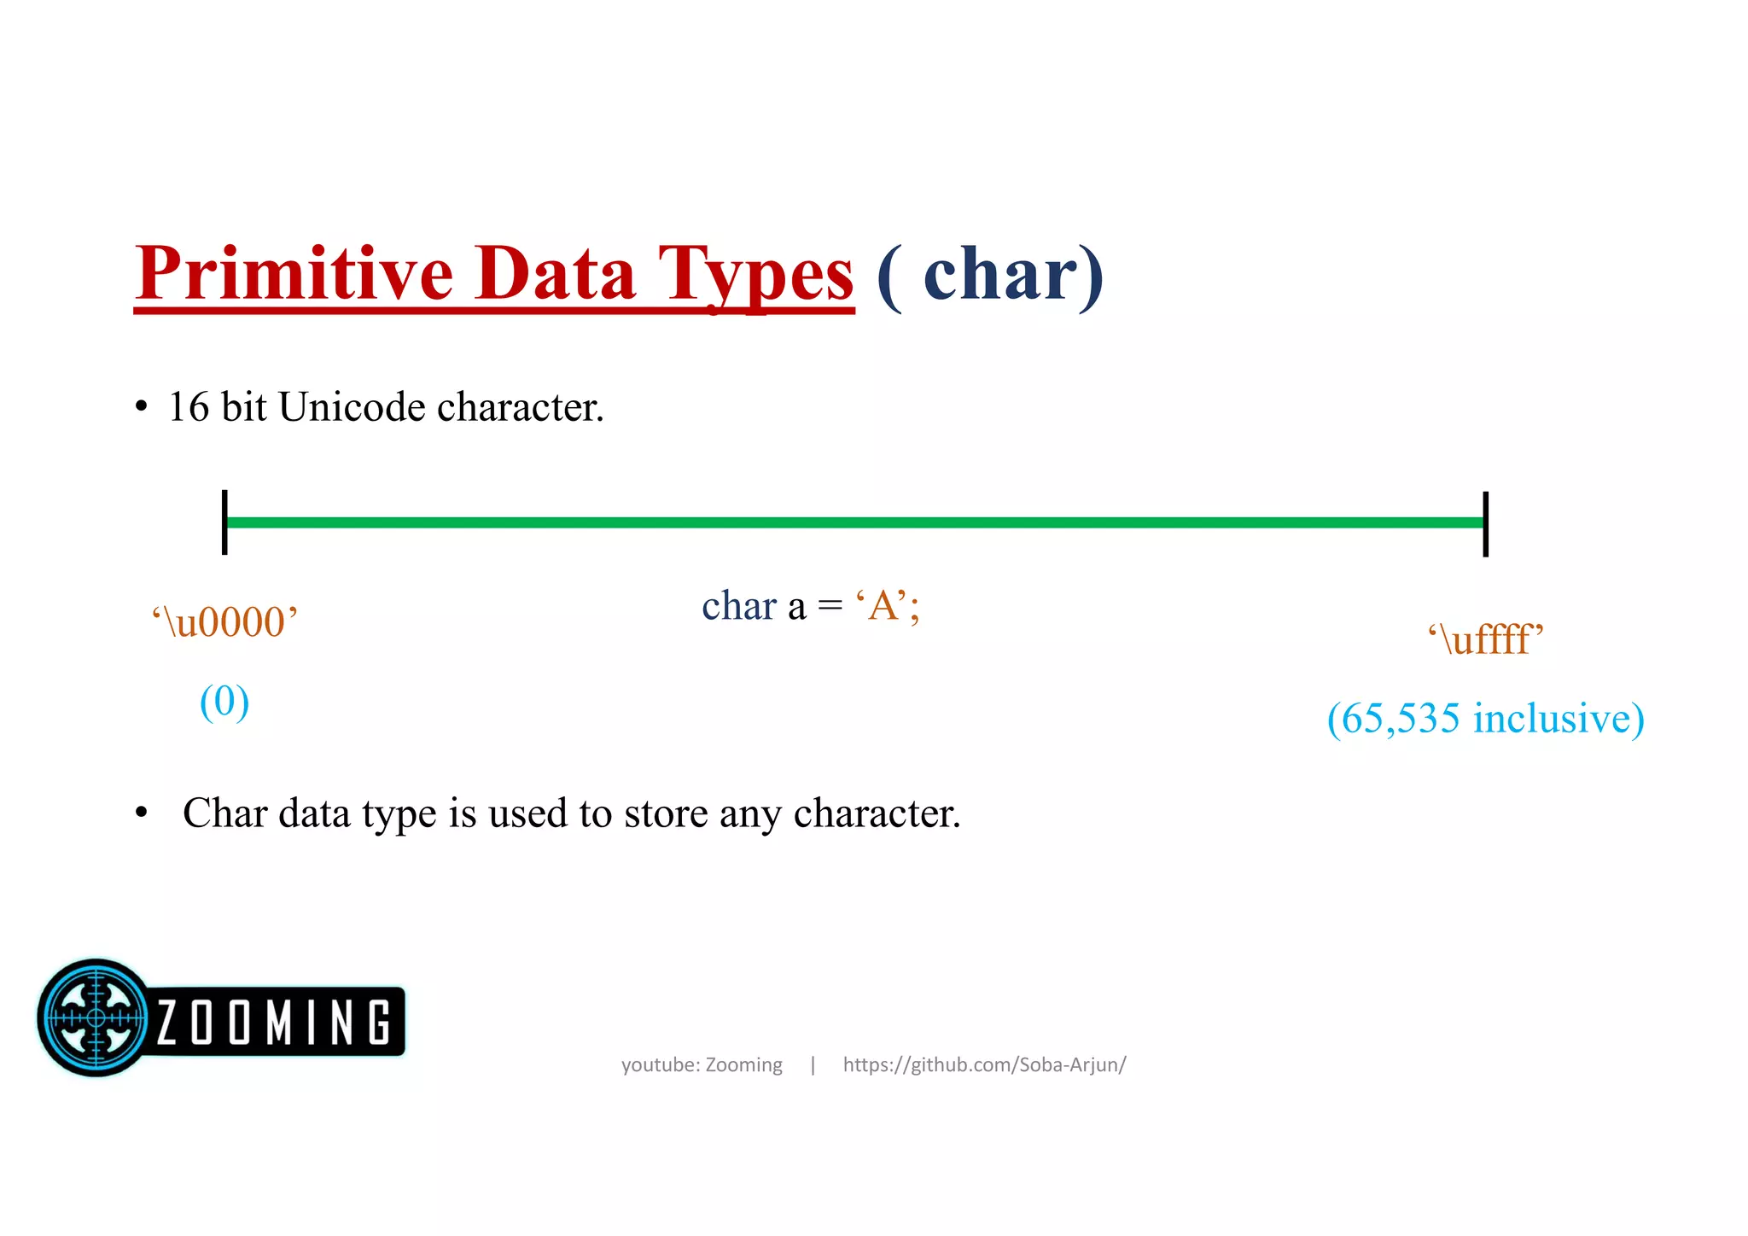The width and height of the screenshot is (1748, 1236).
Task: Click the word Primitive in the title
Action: (x=294, y=275)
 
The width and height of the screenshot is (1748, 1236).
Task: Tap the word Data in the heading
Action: (x=555, y=275)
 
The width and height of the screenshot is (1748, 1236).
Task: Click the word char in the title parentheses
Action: (x=1000, y=275)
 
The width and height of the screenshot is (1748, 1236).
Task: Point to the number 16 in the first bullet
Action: (x=189, y=407)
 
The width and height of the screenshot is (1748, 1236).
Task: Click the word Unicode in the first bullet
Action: (x=352, y=407)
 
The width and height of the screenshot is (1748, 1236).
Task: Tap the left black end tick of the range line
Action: (x=224, y=522)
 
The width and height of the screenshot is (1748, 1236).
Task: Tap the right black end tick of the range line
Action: (x=1485, y=523)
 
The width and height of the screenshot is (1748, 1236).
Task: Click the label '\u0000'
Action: (x=225, y=621)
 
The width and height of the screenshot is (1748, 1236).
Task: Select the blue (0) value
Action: (x=224, y=702)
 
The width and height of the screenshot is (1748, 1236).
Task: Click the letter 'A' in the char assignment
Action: (x=882, y=606)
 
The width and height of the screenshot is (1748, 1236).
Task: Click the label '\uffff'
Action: (x=1486, y=639)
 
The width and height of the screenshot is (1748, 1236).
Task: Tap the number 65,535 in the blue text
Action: (x=1400, y=719)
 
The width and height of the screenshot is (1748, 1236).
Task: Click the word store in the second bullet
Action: (x=666, y=813)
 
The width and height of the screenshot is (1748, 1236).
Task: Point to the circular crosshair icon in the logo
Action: (x=96, y=1017)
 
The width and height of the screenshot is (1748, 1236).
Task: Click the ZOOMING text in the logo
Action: (x=273, y=1022)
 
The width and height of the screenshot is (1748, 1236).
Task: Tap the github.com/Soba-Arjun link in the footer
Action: (x=984, y=1064)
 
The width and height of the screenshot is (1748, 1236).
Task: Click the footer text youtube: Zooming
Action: (x=702, y=1064)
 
